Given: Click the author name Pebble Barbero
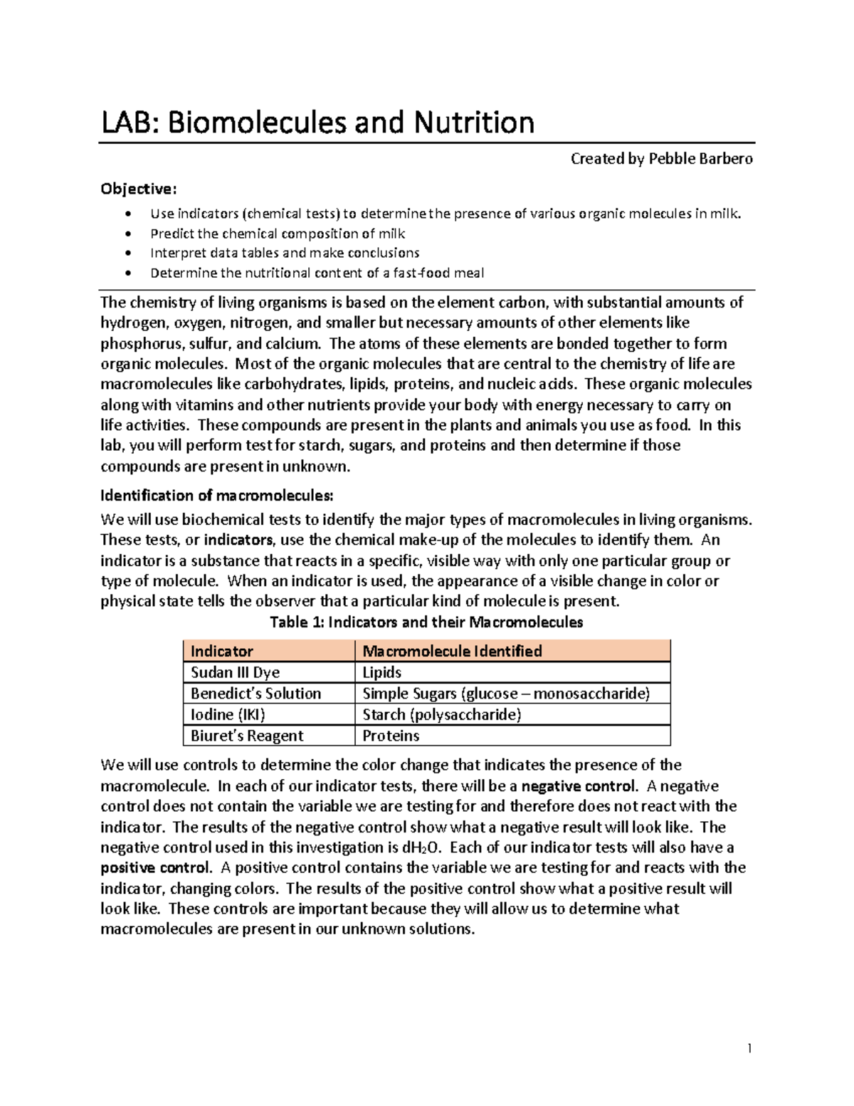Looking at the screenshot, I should (x=700, y=159).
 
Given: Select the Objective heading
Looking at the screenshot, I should (x=137, y=189).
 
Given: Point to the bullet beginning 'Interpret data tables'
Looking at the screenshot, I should (x=285, y=253).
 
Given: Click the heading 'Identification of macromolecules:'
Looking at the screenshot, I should (x=216, y=495).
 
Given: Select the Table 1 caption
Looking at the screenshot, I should (x=426, y=622).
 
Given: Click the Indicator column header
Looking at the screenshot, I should (x=222, y=651).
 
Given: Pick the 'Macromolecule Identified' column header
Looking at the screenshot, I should (x=452, y=651).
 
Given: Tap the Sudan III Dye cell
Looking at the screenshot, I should (x=235, y=672).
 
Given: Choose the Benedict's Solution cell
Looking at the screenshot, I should (x=255, y=694).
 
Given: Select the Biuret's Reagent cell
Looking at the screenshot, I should (x=247, y=736).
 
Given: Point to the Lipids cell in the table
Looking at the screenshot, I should (x=382, y=672).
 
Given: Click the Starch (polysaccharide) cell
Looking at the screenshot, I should (x=441, y=714).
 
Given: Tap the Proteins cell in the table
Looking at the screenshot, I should (x=391, y=736).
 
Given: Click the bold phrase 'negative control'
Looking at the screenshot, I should (x=579, y=786).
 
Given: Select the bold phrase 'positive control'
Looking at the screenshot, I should (x=156, y=868).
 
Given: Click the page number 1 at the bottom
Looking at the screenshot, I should (x=749, y=1048).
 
